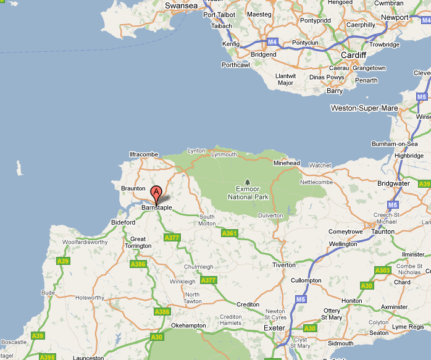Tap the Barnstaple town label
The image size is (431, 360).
[x=157, y=208]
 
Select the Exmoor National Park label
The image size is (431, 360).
[x=248, y=193]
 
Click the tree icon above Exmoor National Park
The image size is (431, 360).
[x=248, y=182]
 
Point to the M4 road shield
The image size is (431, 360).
[x=273, y=42]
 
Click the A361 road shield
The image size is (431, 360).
[x=230, y=233]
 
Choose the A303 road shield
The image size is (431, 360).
[x=383, y=270]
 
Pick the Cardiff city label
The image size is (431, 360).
[x=354, y=54]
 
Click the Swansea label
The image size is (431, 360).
[x=182, y=6]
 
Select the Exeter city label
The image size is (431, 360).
[x=274, y=328]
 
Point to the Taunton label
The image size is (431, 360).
[x=383, y=232]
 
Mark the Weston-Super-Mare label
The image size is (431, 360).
[x=364, y=108]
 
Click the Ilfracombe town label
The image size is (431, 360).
[x=144, y=154]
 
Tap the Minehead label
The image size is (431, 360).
[x=287, y=163]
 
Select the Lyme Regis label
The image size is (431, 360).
[x=409, y=327]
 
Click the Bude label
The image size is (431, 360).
[x=48, y=293]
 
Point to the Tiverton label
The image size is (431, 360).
[x=285, y=265]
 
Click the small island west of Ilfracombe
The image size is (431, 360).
[x=19, y=167]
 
